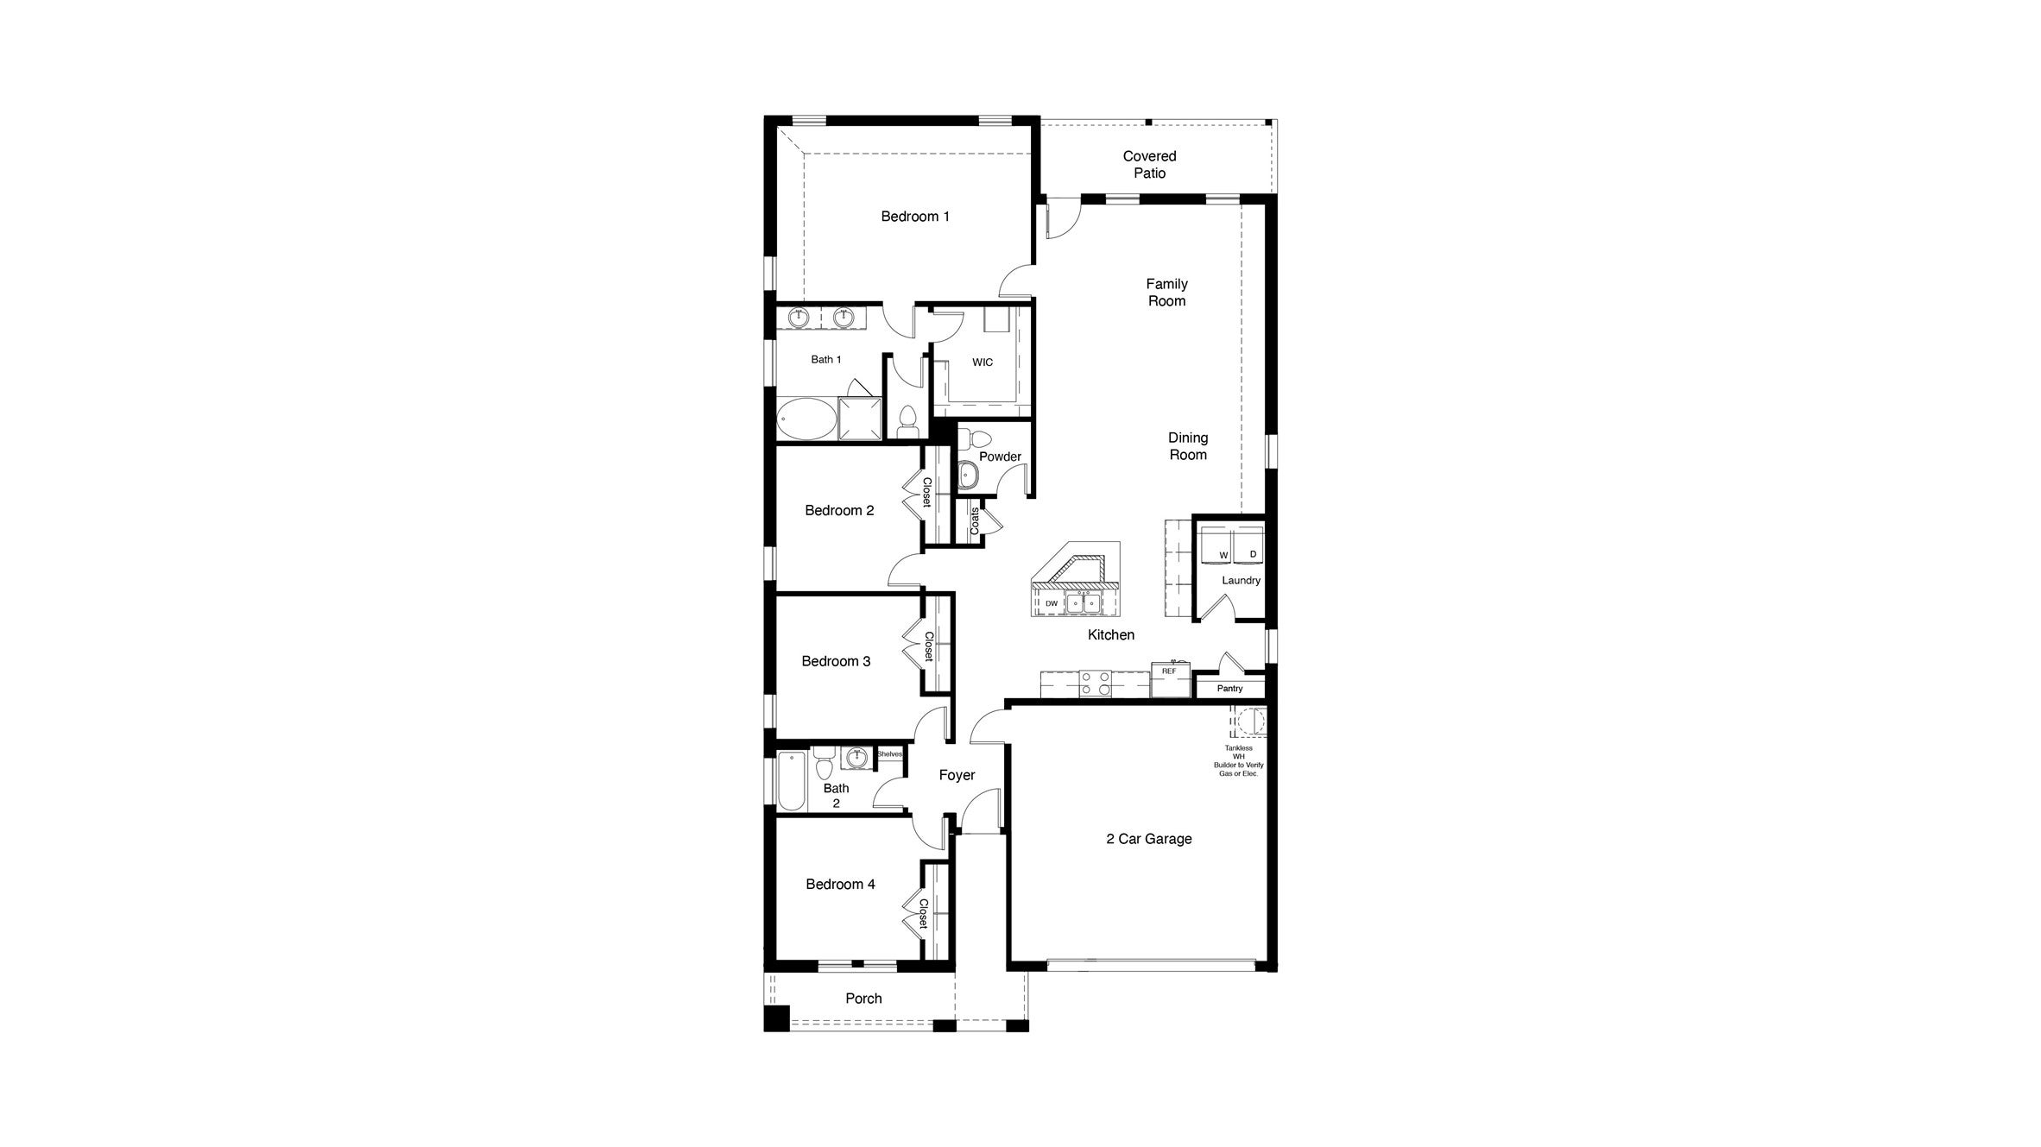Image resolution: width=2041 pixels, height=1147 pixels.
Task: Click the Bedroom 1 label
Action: [x=915, y=217]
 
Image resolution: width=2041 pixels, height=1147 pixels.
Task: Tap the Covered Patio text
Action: [x=1149, y=165]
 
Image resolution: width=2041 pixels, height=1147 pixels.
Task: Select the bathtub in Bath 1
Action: [x=203, y=419]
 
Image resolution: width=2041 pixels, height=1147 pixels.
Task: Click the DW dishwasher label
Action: [x=1051, y=603]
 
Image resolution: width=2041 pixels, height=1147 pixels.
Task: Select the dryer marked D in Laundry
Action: [x=1248, y=546]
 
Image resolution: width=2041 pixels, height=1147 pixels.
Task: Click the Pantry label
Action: [x=1229, y=689]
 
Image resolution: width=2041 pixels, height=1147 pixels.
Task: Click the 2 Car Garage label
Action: [x=1148, y=839]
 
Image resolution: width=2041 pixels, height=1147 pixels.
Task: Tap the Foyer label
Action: [x=957, y=776]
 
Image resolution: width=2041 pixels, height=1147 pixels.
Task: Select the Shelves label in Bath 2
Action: [x=889, y=754]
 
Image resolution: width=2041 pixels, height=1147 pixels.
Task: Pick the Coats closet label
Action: [x=975, y=521]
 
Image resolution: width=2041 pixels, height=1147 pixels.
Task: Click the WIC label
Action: [x=983, y=362]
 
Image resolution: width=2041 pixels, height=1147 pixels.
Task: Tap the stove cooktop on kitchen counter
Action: [x=1095, y=684]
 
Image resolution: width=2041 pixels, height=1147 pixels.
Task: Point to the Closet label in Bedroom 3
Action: [x=929, y=646]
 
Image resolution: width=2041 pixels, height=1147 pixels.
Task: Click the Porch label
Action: [x=863, y=999]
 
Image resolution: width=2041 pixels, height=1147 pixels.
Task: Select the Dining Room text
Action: [x=1188, y=446]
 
